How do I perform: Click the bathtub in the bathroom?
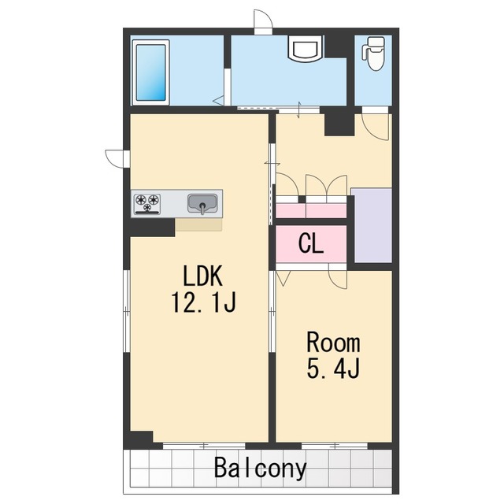[x=150, y=72]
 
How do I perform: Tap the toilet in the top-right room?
[x=374, y=54]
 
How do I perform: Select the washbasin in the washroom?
[x=305, y=48]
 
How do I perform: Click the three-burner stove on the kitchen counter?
[x=147, y=204]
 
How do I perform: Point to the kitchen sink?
[x=202, y=204]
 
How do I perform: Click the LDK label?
[x=202, y=276]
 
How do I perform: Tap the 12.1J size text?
[x=204, y=302]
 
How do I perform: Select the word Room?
[x=333, y=343]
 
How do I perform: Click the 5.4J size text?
[x=333, y=369]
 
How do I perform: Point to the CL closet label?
[x=310, y=243]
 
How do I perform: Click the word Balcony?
[x=261, y=469]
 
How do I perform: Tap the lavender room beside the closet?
[x=372, y=225]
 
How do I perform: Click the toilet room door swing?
[x=376, y=127]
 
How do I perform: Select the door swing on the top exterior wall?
[x=263, y=19]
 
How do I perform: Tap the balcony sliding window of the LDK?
[x=204, y=446]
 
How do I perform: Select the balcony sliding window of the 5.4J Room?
[x=335, y=446]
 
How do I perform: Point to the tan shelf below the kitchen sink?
[x=198, y=224]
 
